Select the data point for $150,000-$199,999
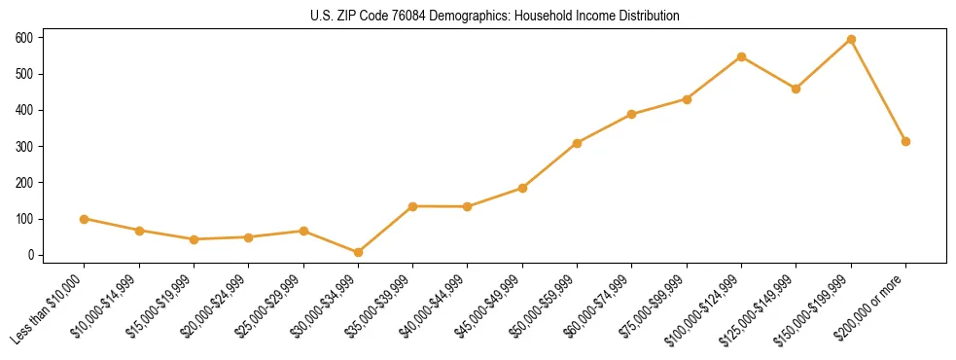pyautogui.click(x=851, y=40)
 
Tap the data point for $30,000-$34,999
pyautogui.click(x=358, y=252)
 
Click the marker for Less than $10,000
pyautogui.click(x=85, y=219)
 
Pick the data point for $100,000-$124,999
pyautogui.click(x=741, y=56)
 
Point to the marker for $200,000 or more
pyautogui.click(x=905, y=141)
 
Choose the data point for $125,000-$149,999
pyautogui.click(x=796, y=89)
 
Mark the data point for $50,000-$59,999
pyautogui.click(x=577, y=143)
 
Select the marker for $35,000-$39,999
pyautogui.click(x=412, y=206)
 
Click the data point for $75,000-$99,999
pyautogui.click(x=687, y=99)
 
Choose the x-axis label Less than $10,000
pyautogui.click(x=50, y=310)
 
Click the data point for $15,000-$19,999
pyautogui.click(x=194, y=239)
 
